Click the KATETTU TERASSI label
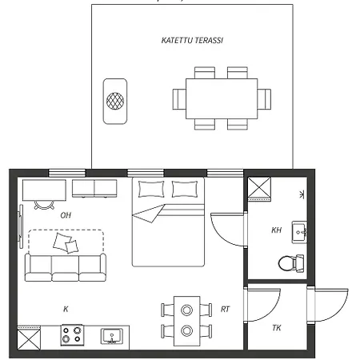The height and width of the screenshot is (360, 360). coord(192,40)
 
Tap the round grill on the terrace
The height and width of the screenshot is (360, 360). coord(115,101)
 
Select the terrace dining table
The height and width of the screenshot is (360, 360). coord(222,98)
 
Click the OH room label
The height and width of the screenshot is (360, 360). coord(66,215)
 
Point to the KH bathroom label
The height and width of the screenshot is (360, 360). coord(276,230)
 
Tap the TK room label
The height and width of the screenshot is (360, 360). coord(277,328)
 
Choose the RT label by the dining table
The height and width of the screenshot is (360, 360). coord(225,309)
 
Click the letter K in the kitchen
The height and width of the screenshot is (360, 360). coord(66,309)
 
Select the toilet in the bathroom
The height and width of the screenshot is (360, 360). coord(291,263)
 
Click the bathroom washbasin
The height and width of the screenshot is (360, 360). coord(299,232)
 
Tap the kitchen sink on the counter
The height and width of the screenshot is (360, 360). coord(112,336)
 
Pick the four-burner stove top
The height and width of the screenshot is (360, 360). coord(72,335)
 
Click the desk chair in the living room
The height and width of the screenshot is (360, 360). coord(44,205)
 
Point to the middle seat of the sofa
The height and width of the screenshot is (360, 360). coord(66,268)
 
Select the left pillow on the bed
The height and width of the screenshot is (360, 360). coord(151,189)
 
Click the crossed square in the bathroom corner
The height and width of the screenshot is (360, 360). coord(259,188)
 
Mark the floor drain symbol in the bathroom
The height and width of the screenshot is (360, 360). coord(302,194)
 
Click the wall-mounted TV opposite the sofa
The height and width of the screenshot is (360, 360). coord(20,226)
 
